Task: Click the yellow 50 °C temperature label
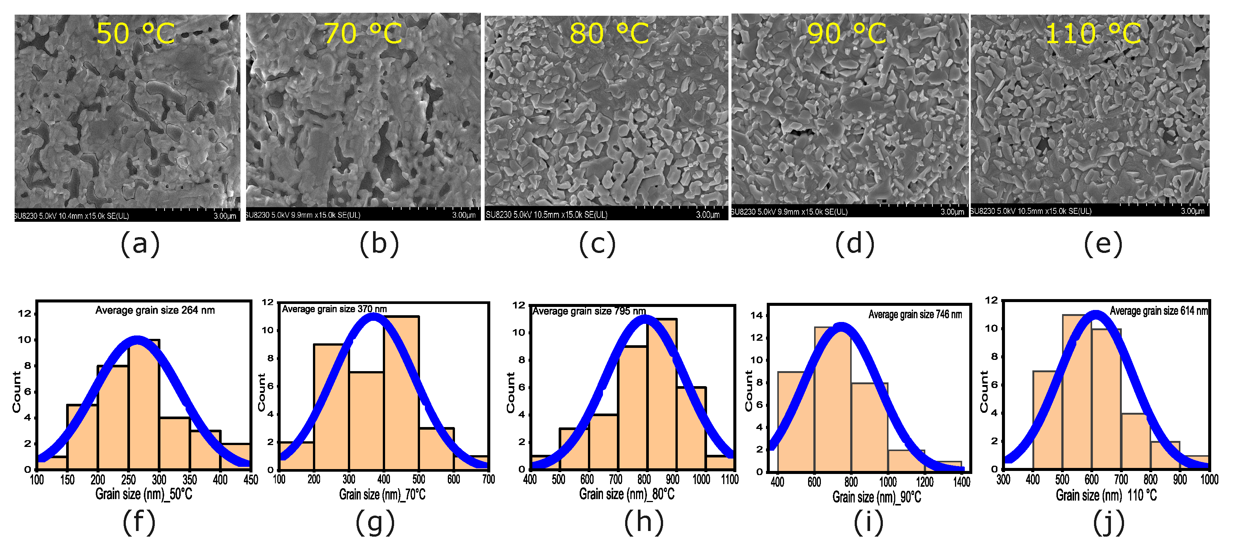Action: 136,33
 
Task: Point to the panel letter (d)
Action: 854,244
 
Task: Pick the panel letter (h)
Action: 644,522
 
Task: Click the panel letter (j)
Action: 1109,522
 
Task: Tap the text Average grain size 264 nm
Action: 155,310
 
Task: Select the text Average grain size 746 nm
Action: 915,314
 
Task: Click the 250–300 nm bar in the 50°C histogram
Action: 144,406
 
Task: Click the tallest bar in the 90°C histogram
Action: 833,402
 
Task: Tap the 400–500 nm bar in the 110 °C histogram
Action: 1047,421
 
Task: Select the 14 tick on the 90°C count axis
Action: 756,316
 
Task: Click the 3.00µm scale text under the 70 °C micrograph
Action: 463,215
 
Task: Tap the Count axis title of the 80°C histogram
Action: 511,392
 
